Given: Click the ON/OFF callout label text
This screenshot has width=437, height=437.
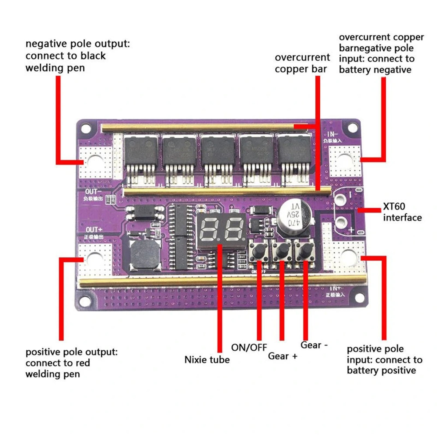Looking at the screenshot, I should tap(249, 347).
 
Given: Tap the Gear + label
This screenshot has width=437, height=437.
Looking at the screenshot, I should tap(282, 356).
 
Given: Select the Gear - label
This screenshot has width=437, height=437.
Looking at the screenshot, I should tap(314, 345).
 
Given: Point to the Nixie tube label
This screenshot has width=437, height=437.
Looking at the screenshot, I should tap(207, 360).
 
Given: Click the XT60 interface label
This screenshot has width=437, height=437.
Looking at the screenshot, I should tap(402, 212).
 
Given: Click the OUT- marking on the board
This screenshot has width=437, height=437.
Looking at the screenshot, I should tap(93, 192).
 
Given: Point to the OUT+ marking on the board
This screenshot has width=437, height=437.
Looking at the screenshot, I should tap(94, 230).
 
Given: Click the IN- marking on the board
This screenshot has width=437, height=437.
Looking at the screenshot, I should tap(332, 134).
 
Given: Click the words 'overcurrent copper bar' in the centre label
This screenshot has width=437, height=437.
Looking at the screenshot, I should tap(302, 63).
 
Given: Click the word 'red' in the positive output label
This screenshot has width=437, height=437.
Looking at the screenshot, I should tap(83, 363).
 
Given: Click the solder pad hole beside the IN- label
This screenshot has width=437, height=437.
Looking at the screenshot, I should tap(344, 161).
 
